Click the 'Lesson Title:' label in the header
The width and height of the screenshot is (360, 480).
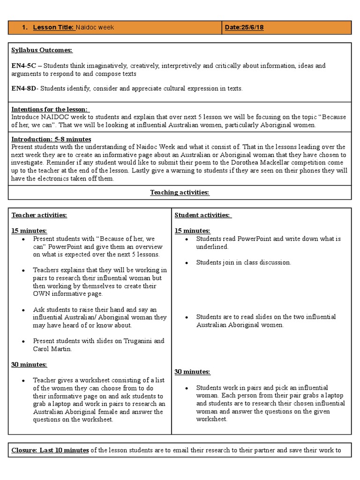(x=53, y=28)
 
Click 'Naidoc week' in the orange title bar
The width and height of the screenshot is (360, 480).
(x=95, y=28)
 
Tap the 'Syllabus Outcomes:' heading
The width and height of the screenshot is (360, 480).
(x=42, y=50)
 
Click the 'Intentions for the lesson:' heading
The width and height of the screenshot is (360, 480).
(x=49, y=109)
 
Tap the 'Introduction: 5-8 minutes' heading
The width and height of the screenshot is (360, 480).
(x=51, y=139)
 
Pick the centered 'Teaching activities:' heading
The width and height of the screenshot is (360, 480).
(x=180, y=192)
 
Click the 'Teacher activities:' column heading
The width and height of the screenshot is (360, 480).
(x=39, y=215)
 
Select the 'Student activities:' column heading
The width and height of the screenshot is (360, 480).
(x=203, y=215)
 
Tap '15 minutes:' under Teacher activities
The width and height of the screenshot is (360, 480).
(x=29, y=231)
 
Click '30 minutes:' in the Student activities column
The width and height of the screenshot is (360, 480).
(x=192, y=372)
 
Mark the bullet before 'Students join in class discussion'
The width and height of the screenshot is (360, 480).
(x=187, y=263)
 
